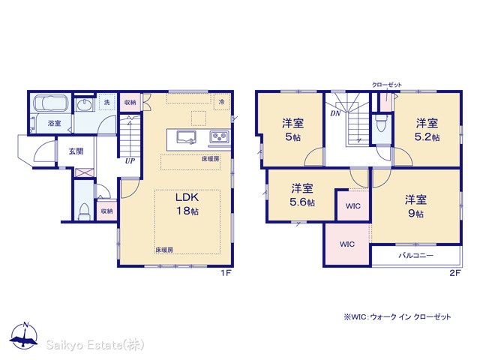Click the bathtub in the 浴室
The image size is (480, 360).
point(50,103)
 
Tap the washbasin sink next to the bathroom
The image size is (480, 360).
point(84,105)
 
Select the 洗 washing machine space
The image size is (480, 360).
point(106,102)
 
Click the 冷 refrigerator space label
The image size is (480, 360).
point(222,102)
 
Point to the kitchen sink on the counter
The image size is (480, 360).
point(186,136)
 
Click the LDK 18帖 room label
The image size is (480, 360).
point(187,204)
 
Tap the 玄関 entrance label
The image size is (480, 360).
point(76,151)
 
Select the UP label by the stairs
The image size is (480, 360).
point(130,160)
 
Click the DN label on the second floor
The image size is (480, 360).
point(335,113)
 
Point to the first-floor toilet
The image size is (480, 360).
point(84,211)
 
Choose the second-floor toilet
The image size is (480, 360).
point(382,123)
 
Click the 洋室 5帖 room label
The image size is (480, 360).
point(293,130)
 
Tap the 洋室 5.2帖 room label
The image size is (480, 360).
point(427,130)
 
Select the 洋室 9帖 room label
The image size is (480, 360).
point(415,206)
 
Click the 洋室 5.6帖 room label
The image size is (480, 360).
point(302,195)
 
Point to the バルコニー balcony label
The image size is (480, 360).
point(416,255)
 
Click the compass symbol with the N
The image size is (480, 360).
point(24,335)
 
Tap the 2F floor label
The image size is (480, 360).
point(455,273)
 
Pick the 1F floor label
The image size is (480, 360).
point(226,273)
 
